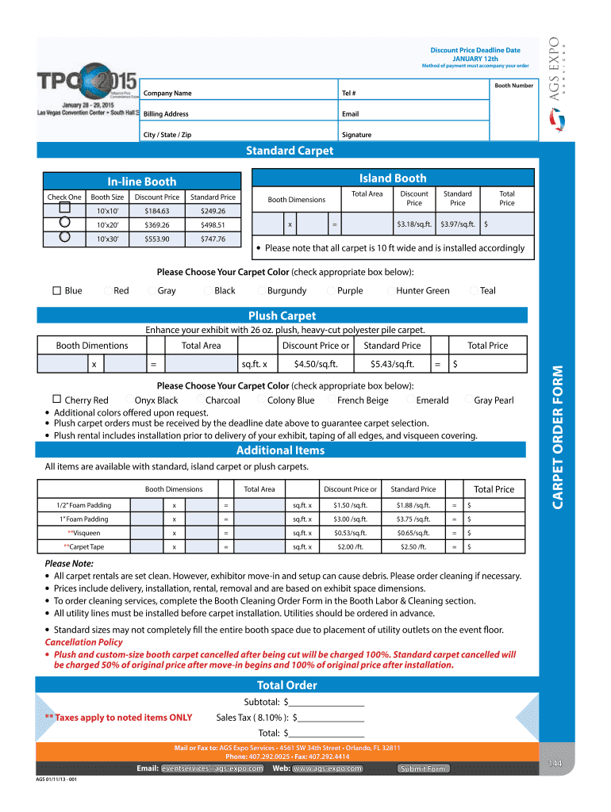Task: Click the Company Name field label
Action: (167, 94)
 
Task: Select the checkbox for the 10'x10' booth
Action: (64, 208)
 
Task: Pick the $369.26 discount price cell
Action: (156, 225)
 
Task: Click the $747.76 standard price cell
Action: (213, 239)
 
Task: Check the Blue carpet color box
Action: (57, 291)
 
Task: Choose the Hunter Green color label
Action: (422, 291)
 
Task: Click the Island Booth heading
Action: (393, 178)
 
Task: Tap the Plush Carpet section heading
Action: (282, 316)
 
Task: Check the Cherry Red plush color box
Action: (57, 399)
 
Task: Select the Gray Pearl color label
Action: (494, 400)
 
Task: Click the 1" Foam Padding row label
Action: (84, 519)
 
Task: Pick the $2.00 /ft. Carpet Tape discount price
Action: (350, 547)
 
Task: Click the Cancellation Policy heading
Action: (84, 642)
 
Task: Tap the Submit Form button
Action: (423, 768)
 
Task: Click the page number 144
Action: (555, 763)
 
